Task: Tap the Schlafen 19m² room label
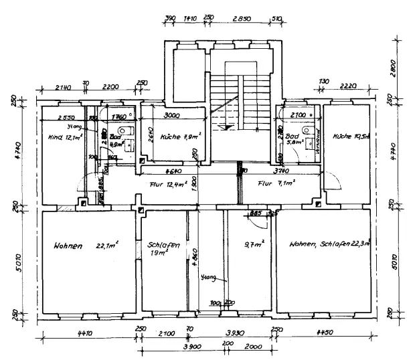click(x=164, y=250)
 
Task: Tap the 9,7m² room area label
click(x=254, y=243)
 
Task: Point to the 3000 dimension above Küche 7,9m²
click(x=171, y=114)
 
